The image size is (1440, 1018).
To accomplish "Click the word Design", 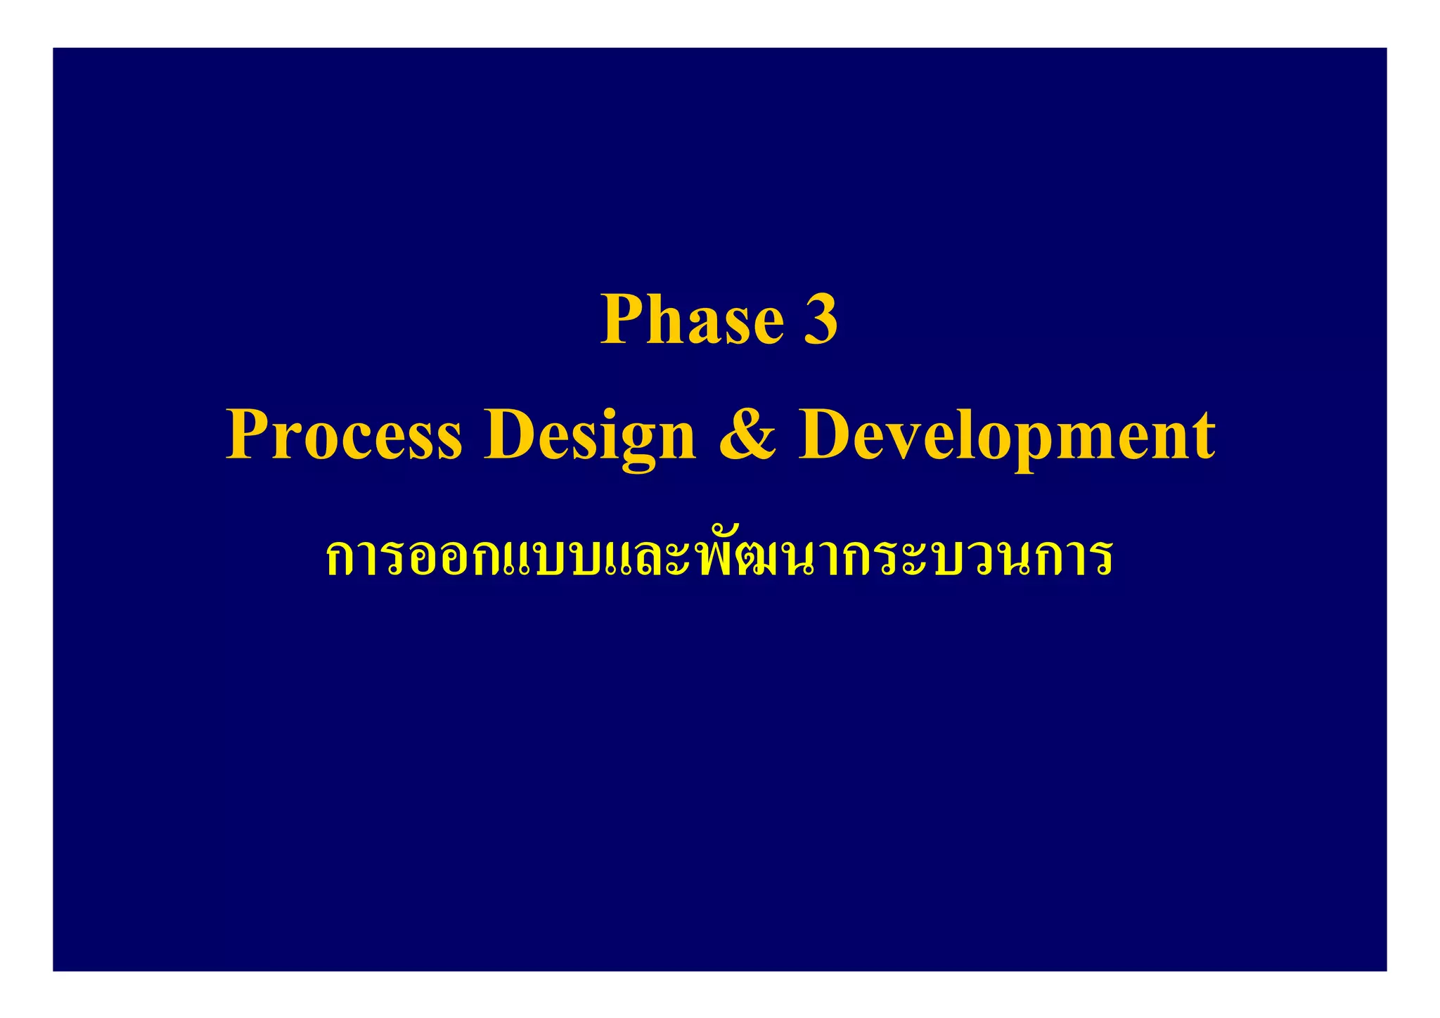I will pyautogui.click(x=589, y=437).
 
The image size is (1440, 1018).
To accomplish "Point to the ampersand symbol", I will pyautogui.click(x=747, y=435).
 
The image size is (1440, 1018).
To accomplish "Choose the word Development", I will pyautogui.click(x=1006, y=437).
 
